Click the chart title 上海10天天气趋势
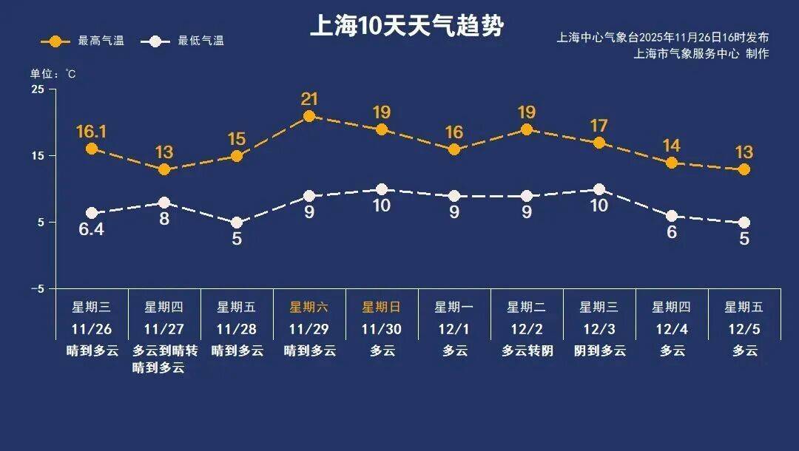point(406,27)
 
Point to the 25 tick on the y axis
point(37,89)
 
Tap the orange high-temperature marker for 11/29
point(309,116)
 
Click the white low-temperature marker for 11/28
point(237,223)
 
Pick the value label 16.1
point(92,132)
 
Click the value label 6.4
point(92,229)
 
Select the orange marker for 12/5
point(744,169)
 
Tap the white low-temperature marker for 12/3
point(599,189)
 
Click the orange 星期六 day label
point(309,307)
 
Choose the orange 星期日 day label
point(381,307)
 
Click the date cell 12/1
point(454,329)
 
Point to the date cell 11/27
point(163,329)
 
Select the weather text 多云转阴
point(527,351)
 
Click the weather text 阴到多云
point(599,351)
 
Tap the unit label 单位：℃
point(53,74)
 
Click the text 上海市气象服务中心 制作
point(701,54)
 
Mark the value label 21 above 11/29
point(309,99)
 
